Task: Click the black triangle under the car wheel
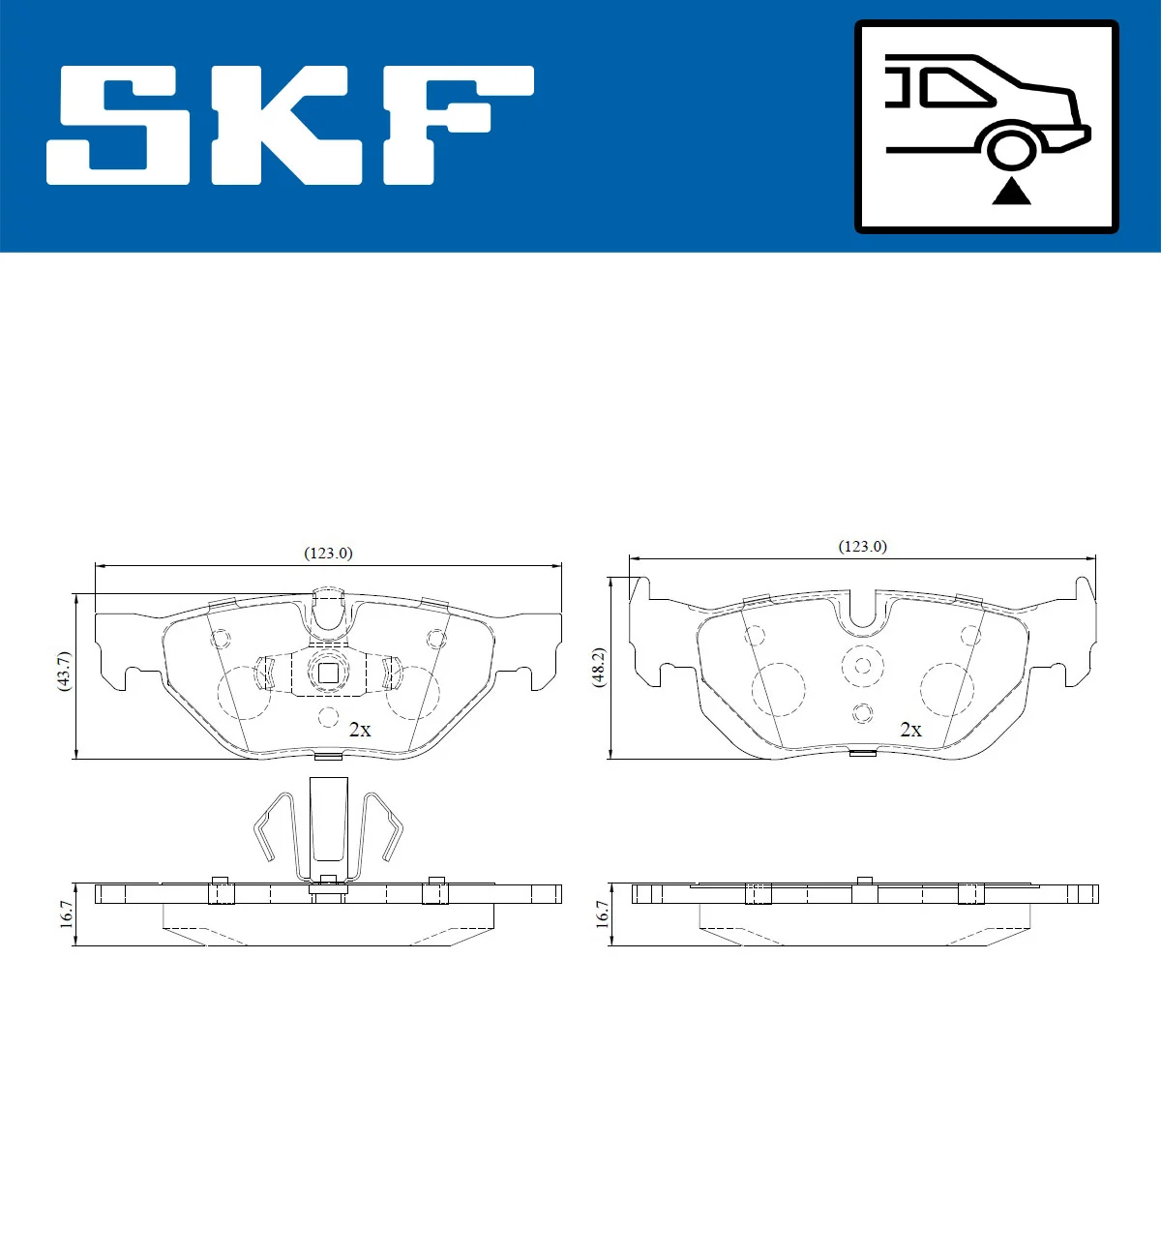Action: coord(1011,192)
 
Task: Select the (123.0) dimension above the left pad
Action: coord(328,554)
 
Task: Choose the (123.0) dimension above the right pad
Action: coord(862,547)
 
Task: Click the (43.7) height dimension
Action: coord(64,671)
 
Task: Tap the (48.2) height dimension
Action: coord(599,668)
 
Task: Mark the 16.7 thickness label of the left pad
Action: coord(66,914)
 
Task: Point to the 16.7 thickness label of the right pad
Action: coord(602,914)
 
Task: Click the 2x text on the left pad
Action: coord(360,730)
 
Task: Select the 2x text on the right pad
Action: coord(910,730)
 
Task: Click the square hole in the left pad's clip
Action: coord(328,672)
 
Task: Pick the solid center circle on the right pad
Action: coord(862,665)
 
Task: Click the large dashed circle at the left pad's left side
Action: coord(243,693)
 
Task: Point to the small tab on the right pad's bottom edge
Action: coord(862,753)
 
